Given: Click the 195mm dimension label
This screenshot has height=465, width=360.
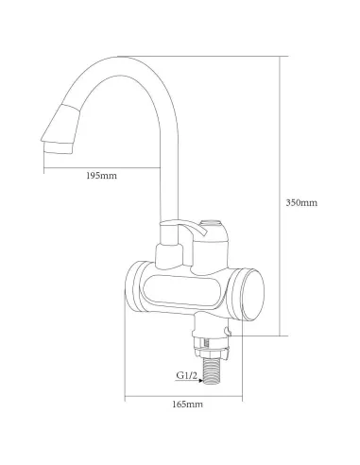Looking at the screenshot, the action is pyautogui.click(x=101, y=176).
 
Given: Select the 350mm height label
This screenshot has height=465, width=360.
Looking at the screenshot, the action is pyautogui.click(x=301, y=202).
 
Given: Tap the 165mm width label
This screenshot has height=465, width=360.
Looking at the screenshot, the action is pyautogui.click(x=187, y=404).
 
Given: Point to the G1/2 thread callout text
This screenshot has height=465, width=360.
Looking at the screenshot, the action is pyautogui.click(x=186, y=375).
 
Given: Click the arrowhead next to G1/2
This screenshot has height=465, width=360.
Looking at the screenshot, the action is pyautogui.click(x=201, y=381).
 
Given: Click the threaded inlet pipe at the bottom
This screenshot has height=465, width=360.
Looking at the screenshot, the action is pyautogui.click(x=212, y=371).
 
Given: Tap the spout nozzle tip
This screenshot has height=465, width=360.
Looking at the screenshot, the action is pyautogui.click(x=59, y=147).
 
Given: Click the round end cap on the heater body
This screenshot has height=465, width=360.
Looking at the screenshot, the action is pyautogui.click(x=252, y=295).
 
